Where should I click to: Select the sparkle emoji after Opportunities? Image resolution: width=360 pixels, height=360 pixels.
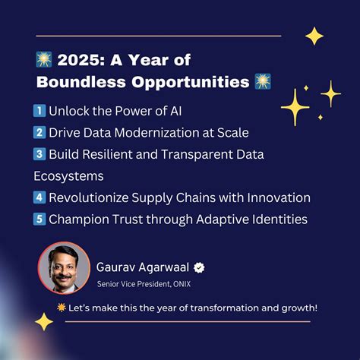pyautogui.click(x=263, y=82)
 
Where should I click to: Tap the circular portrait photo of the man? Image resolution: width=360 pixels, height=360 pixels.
pyautogui.click(x=64, y=267)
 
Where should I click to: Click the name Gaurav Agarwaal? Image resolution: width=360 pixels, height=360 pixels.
pyautogui.click(x=143, y=267)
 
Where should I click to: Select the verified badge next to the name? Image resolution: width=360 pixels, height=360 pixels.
pyautogui.click(x=200, y=267)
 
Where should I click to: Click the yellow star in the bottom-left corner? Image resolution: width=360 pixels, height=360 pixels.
pyautogui.click(x=44, y=322)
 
